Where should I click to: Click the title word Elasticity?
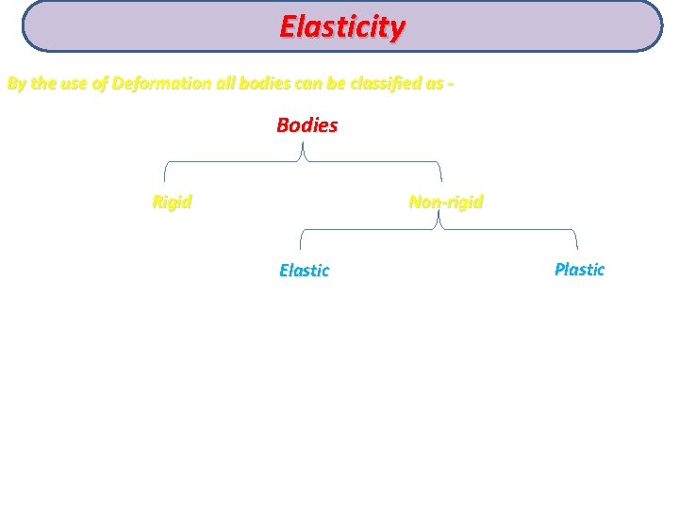341,26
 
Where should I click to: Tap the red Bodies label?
306,125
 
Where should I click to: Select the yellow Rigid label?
172,202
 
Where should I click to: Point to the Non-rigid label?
445,202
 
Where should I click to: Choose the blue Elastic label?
304,271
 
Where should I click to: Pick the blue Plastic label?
579,270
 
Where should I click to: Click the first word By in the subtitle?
16,83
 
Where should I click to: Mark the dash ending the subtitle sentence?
453,83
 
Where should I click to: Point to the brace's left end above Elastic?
300,248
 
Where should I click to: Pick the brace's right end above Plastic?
577,248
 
